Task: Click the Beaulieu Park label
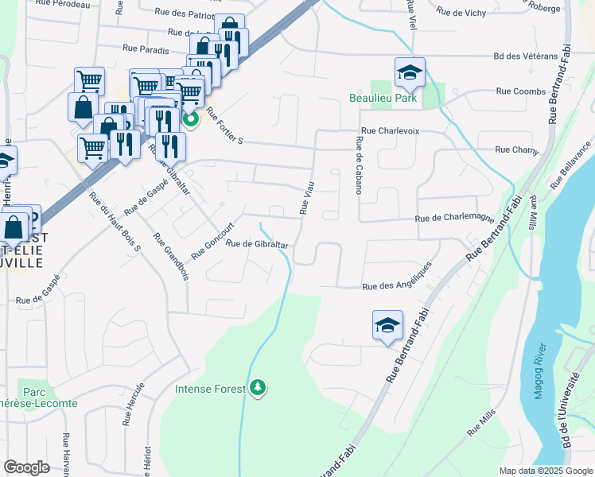click(x=383, y=99)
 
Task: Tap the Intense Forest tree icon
click(x=257, y=388)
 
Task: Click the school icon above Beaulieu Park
click(x=410, y=73)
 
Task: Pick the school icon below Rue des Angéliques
click(x=387, y=326)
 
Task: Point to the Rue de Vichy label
click(x=461, y=12)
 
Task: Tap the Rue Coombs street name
click(x=520, y=91)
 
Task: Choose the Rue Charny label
click(x=517, y=149)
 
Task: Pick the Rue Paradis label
click(x=146, y=48)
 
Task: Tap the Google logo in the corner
click(x=26, y=467)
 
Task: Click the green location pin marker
click(x=191, y=120)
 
